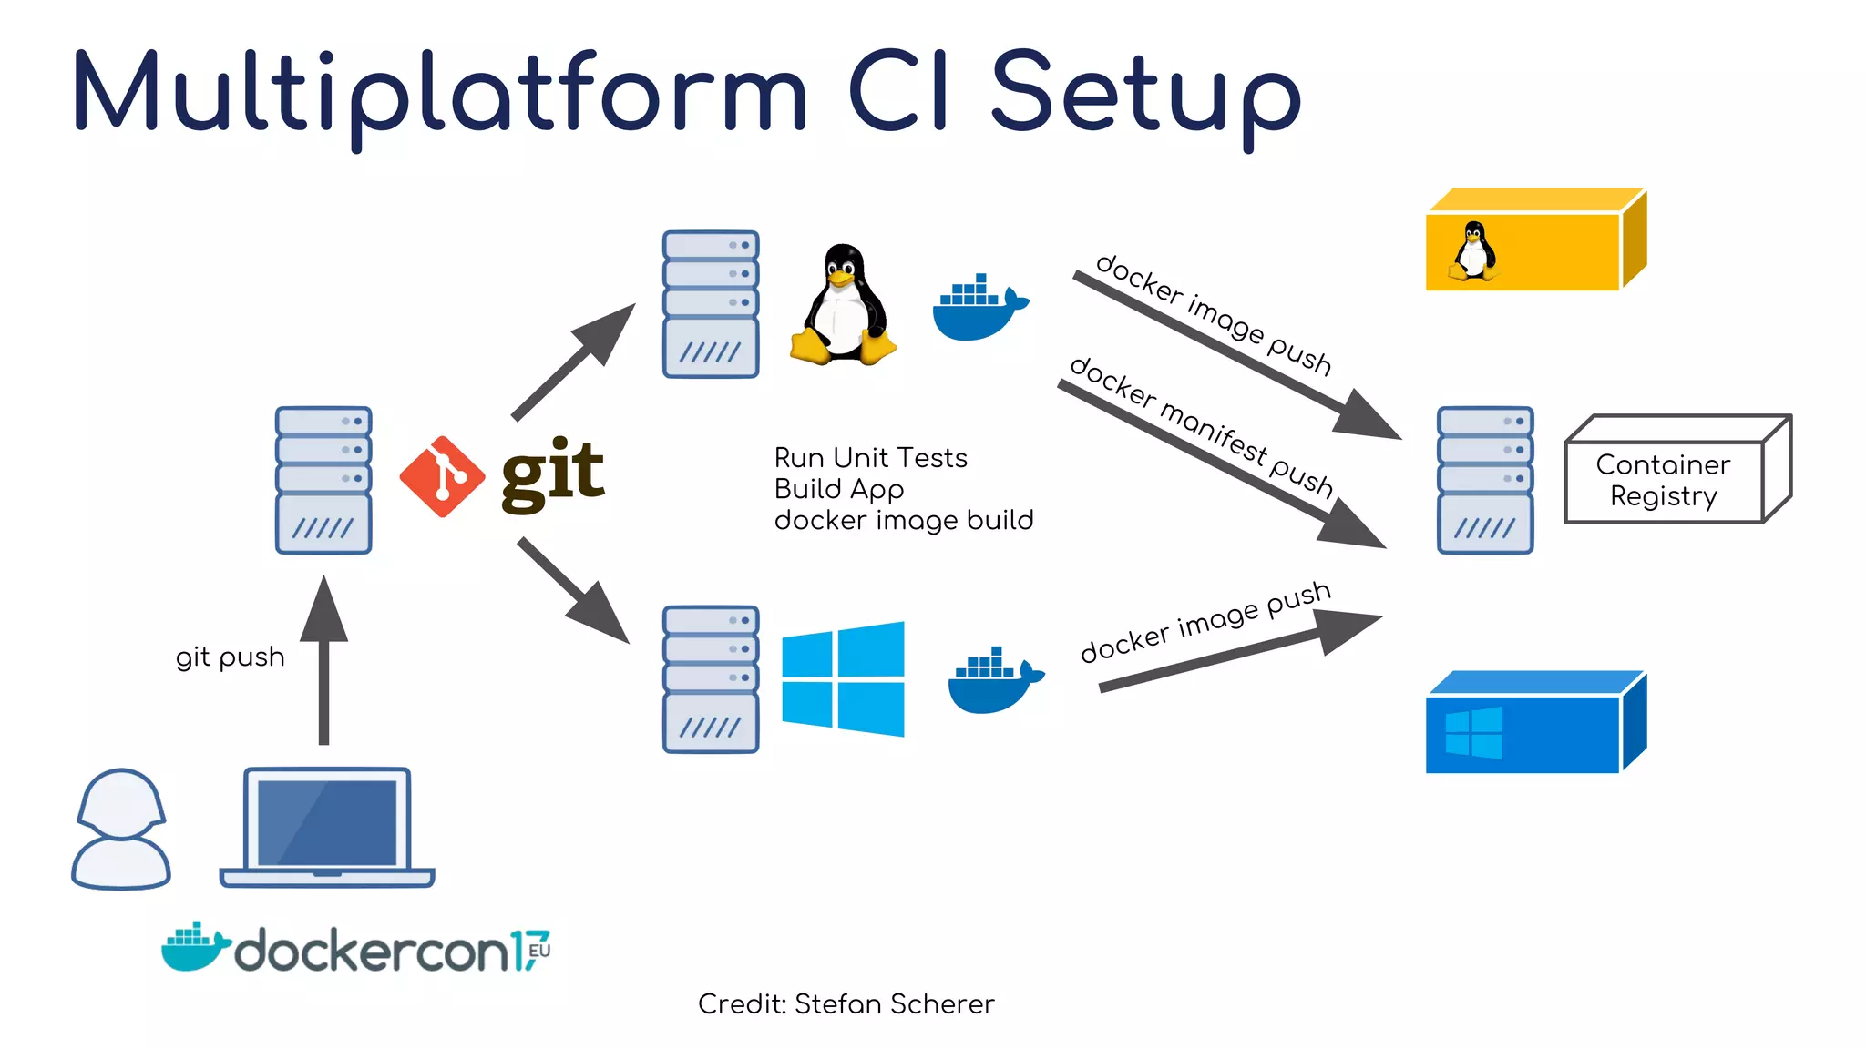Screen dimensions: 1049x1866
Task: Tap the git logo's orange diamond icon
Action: click(x=442, y=476)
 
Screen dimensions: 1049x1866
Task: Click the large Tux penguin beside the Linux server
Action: click(x=844, y=306)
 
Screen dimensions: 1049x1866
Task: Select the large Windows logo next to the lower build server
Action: click(x=843, y=679)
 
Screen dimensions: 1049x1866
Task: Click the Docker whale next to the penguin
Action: click(x=979, y=310)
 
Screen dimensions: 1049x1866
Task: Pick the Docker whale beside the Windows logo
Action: click(x=994, y=682)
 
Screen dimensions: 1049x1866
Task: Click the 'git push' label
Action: click(x=230, y=657)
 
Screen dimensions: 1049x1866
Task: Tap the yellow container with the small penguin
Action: click(x=1534, y=241)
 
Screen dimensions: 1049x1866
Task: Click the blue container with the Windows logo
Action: click(x=1534, y=724)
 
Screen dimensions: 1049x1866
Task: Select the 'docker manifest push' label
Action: click(x=1203, y=427)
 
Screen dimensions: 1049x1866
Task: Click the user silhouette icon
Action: click(x=121, y=829)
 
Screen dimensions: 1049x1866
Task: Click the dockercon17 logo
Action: click(x=356, y=950)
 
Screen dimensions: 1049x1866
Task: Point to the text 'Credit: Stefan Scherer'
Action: click(x=846, y=1003)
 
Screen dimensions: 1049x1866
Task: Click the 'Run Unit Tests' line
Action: click(x=870, y=457)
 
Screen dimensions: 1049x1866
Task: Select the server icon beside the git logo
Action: click(x=323, y=480)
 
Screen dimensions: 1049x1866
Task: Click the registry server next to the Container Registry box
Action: click(x=1485, y=480)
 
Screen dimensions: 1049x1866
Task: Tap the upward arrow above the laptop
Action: click(x=323, y=660)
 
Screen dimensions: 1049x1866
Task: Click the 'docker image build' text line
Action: click(x=903, y=520)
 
